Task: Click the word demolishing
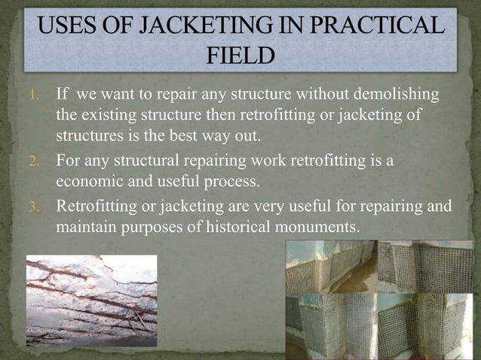(x=391, y=96)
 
